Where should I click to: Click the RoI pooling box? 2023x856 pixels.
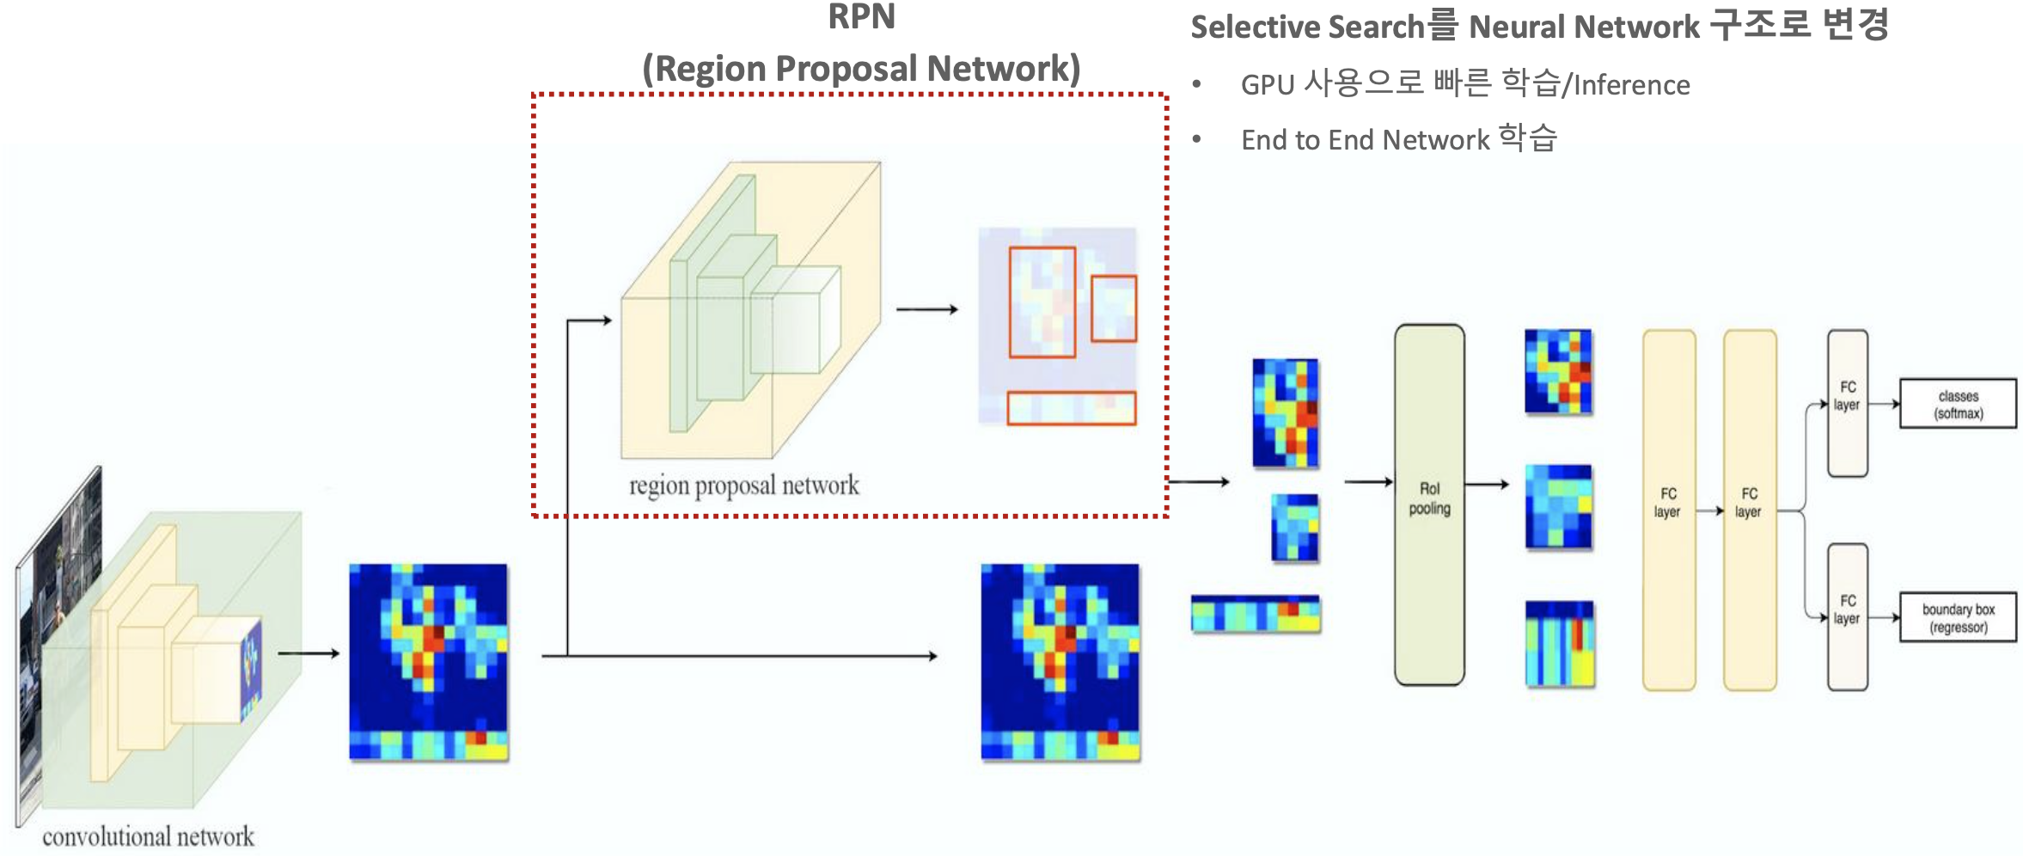tap(1429, 504)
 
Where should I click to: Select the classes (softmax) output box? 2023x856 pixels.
tap(1958, 404)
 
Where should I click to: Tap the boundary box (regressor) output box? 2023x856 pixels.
tap(1958, 618)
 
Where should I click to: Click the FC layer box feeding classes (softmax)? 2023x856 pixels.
tap(1847, 403)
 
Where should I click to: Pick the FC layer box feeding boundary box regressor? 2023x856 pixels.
tap(1847, 616)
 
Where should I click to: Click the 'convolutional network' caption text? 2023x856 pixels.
tap(148, 836)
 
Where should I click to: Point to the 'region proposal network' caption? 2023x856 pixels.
tap(743, 486)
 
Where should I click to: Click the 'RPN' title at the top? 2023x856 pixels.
tap(861, 17)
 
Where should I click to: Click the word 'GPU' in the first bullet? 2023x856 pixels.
tap(1267, 85)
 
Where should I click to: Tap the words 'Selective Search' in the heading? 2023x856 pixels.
tap(1307, 28)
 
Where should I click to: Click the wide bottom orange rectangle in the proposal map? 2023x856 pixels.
tap(1071, 408)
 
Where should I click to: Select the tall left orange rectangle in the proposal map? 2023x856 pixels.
tap(1042, 302)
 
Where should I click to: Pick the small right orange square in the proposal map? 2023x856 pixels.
tap(1114, 309)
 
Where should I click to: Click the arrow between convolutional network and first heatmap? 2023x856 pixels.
tap(309, 654)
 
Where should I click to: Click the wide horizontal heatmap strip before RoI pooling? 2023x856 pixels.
tap(1256, 614)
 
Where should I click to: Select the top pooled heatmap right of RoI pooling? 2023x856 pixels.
tap(1558, 372)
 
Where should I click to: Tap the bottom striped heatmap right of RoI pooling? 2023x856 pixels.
tap(1559, 644)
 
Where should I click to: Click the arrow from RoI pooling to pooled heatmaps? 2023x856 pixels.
tap(1486, 485)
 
